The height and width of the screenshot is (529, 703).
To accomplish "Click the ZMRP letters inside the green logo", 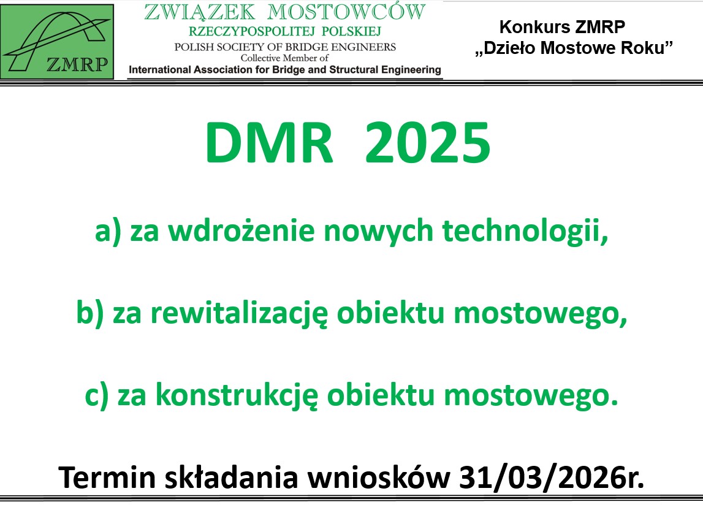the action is pos(77,65).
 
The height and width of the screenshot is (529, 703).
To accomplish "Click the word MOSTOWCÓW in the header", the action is pos(346,12).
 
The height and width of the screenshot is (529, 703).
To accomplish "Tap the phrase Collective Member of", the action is pos(285,58).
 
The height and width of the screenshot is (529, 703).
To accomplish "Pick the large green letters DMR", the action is pos(269,143).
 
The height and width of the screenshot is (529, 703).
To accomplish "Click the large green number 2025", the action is pos(428,143).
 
